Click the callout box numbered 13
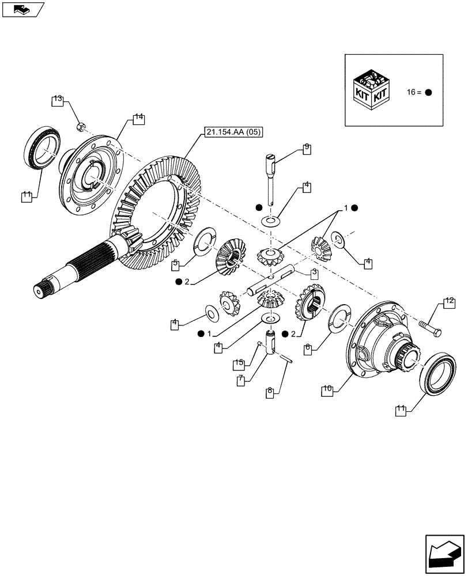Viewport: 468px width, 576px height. click(x=57, y=101)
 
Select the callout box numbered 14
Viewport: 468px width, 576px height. click(x=138, y=119)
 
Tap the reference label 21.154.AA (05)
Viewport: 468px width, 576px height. click(x=233, y=133)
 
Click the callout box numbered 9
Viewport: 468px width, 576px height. click(x=307, y=147)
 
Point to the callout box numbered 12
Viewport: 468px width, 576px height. click(x=450, y=301)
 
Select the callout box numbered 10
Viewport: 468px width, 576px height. click(x=327, y=389)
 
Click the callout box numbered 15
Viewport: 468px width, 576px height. click(x=239, y=363)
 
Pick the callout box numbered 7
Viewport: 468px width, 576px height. click(x=242, y=382)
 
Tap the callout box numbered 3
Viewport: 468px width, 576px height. click(x=314, y=273)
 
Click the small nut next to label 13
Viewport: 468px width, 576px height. click(x=82, y=124)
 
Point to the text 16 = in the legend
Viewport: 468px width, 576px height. click(x=413, y=92)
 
